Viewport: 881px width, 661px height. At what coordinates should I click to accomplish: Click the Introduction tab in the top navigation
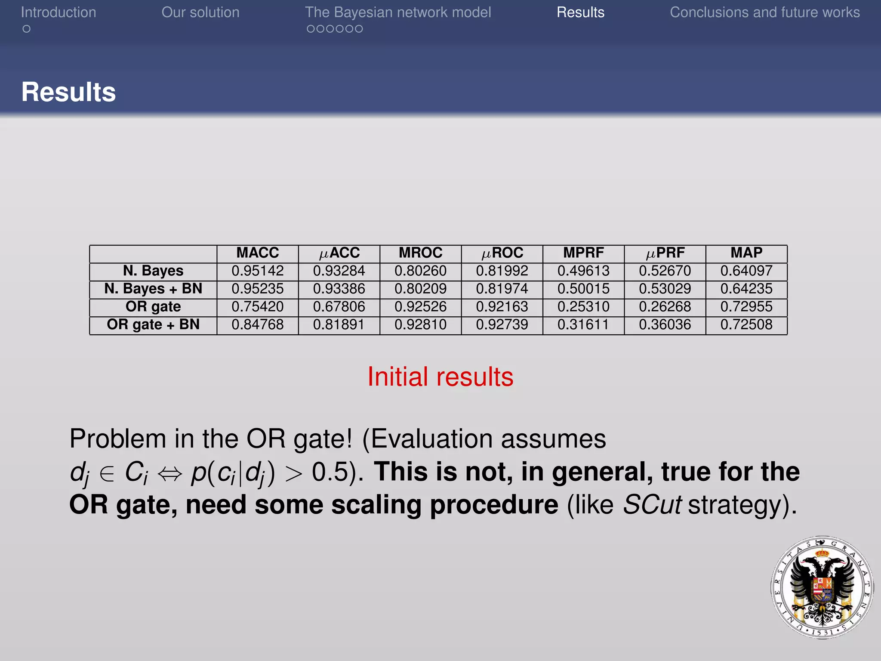59,12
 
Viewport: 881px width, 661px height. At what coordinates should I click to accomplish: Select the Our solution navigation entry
200,12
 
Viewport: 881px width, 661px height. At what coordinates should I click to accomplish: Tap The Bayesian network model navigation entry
398,12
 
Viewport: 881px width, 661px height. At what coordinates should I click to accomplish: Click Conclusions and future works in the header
764,12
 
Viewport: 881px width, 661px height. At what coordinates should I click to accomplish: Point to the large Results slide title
69,92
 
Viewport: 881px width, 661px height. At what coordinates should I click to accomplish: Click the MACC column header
257,253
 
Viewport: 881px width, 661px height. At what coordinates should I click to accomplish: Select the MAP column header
746,253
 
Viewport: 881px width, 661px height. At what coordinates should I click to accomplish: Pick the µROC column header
502,253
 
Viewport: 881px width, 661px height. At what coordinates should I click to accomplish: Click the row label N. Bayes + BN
153,289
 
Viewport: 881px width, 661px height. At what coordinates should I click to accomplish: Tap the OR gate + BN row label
153,324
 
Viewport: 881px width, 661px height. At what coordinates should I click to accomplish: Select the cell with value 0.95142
257,271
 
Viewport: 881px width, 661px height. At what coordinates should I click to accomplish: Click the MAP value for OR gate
746,307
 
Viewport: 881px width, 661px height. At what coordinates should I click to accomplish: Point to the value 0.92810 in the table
420,324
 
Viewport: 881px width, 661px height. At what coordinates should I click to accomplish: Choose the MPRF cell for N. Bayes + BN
583,289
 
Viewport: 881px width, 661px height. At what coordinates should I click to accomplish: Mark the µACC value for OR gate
339,307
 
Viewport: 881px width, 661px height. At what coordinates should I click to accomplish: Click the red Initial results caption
440,377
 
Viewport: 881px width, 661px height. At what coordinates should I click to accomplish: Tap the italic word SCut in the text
652,505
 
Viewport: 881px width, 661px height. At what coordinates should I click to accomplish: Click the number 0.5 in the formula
330,472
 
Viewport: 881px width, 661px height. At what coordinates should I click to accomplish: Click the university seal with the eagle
822,587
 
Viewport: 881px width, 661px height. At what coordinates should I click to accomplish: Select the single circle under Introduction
27,29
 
